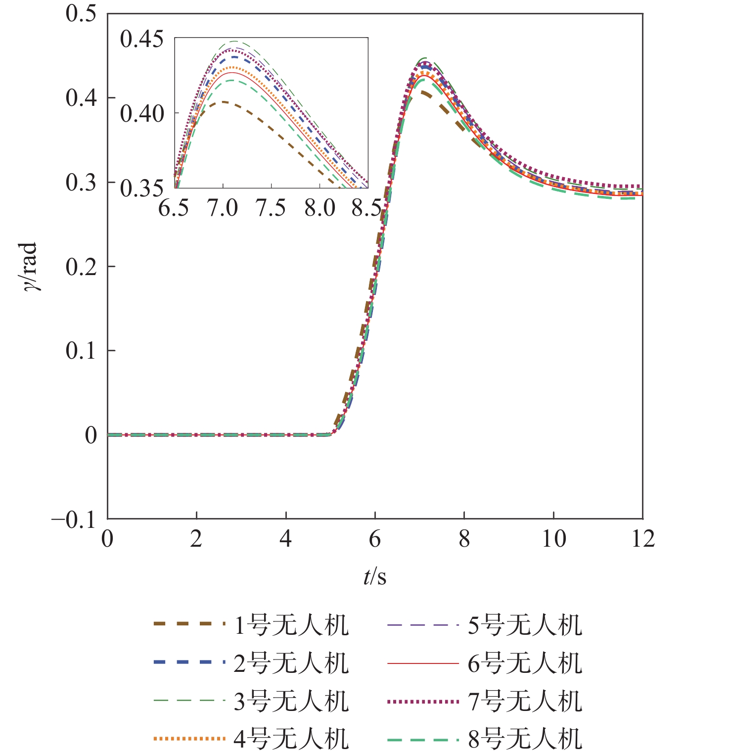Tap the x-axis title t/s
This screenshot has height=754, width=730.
(375, 576)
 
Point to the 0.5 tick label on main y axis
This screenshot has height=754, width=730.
(81, 14)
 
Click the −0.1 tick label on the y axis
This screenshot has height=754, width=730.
(74, 519)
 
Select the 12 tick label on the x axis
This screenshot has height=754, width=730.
(643, 539)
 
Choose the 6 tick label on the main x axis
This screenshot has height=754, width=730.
(375, 539)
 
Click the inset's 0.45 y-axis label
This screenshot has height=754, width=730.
(142, 39)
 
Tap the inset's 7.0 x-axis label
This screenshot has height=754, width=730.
(223, 208)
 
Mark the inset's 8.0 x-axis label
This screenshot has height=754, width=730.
(319, 208)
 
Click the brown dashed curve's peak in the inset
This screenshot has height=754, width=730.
(224, 102)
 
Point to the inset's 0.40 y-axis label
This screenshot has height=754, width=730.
(142, 114)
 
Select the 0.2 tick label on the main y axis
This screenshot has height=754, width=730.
(81, 267)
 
